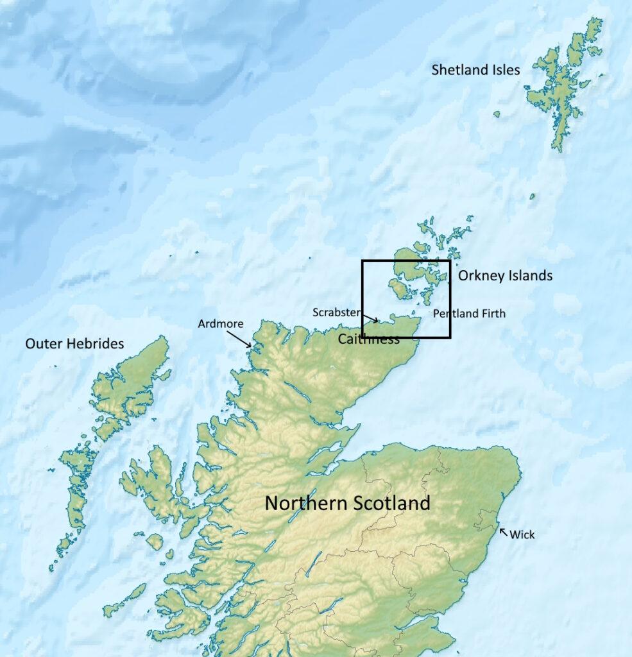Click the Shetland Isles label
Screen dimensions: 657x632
(x=475, y=70)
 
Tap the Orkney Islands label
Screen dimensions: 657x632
(x=505, y=276)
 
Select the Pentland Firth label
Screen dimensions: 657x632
(x=469, y=314)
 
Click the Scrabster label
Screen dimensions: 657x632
(x=336, y=312)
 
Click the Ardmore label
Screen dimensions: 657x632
(x=220, y=323)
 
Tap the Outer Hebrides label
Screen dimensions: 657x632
(x=74, y=344)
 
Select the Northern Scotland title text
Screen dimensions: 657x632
(x=347, y=503)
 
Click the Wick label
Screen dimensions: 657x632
(x=522, y=534)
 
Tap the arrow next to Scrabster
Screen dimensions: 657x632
(x=370, y=318)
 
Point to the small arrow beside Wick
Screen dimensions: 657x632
(x=503, y=531)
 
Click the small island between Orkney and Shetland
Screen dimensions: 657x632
(x=532, y=196)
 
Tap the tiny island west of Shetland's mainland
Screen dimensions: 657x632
(x=497, y=114)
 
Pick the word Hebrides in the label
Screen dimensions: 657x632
(x=96, y=344)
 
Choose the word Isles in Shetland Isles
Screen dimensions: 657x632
(x=503, y=70)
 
